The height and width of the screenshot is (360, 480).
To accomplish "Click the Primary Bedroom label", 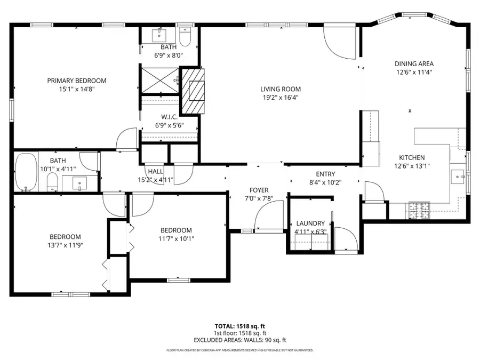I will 76,81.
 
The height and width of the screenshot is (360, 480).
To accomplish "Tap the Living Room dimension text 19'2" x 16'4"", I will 280,98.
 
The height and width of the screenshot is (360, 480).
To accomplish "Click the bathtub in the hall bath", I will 25,171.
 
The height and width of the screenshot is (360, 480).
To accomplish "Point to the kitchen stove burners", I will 419,210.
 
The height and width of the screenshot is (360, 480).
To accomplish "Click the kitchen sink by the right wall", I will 458,175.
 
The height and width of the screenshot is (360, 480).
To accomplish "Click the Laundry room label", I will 310,223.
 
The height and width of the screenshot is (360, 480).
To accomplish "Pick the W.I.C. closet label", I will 169,117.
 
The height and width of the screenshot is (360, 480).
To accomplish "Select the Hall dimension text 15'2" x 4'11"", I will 156,180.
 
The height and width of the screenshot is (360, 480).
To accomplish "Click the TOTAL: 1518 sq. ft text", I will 239,325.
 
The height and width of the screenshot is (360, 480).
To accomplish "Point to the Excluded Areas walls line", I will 239,340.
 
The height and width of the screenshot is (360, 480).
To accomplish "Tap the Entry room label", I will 325,174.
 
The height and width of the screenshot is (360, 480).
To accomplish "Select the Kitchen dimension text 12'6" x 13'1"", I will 412,166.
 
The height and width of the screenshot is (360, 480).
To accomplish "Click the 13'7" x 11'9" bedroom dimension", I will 65,245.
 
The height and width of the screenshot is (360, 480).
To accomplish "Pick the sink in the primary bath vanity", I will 161,36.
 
